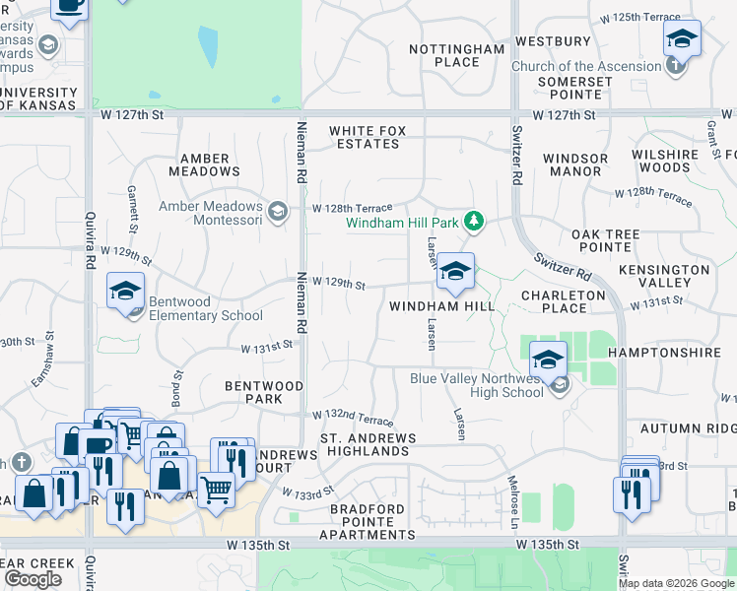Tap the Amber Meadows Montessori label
[x=211, y=213]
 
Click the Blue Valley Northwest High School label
[x=477, y=384]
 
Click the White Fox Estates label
[x=365, y=137]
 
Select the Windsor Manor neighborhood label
[x=575, y=164]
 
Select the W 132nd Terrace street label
[x=354, y=420]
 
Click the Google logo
[x=33, y=579]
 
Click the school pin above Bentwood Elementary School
[x=126, y=291]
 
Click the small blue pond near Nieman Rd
[x=207, y=46]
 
